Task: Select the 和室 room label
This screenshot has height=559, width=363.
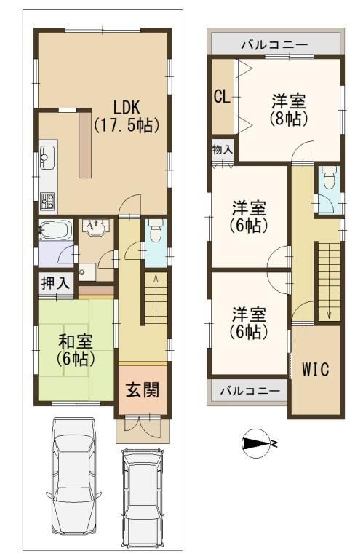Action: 76,348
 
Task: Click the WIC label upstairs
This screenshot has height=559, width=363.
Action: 315,369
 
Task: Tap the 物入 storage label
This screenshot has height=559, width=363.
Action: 222,149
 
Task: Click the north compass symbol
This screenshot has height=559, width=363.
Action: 257,442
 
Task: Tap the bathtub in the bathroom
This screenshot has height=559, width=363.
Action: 54,233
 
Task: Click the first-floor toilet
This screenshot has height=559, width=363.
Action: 155,233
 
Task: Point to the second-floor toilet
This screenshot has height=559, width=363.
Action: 327,177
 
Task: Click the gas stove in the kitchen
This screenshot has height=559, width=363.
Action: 47,197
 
